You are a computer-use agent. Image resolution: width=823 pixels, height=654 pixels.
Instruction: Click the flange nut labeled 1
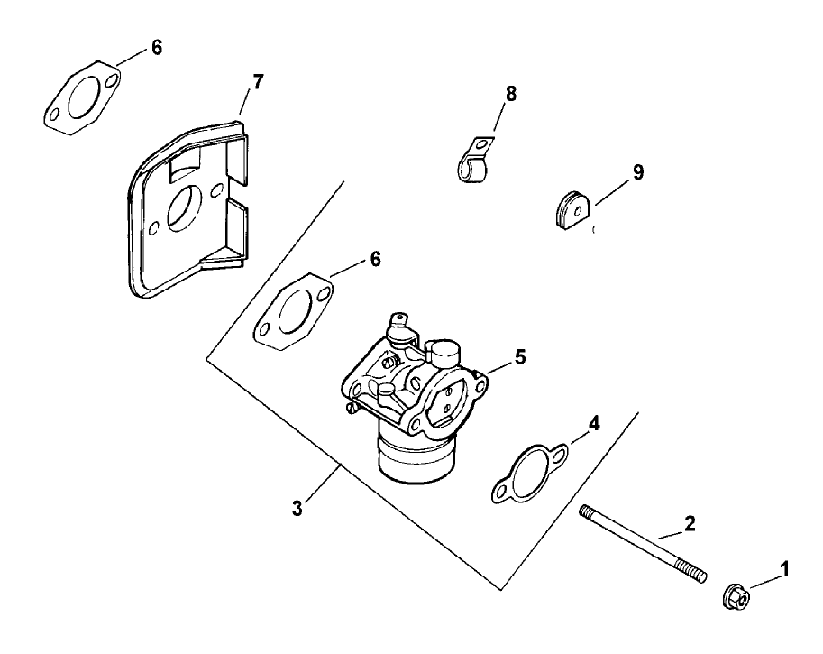pyautogui.click(x=734, y=596)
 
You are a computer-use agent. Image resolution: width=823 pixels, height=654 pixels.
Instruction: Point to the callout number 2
pyautogui.click(x=690, y=521)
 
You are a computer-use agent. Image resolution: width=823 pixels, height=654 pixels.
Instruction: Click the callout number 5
pyautogui.click(x=519, y=357)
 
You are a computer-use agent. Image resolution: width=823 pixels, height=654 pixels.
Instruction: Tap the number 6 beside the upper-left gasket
pyautogui.click(x=157, y=48)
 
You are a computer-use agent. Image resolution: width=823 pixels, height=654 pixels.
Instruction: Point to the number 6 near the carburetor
pyautogui.click(x=375, y=259)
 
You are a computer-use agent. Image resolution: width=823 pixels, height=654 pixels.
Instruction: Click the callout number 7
pyautogui.click(x=258, y=82)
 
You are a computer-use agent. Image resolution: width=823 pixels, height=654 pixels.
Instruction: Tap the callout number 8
pyautogui.click(x=512, y=92)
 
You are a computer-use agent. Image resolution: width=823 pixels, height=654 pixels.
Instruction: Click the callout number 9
pyautogui.click(x=637, y=171)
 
